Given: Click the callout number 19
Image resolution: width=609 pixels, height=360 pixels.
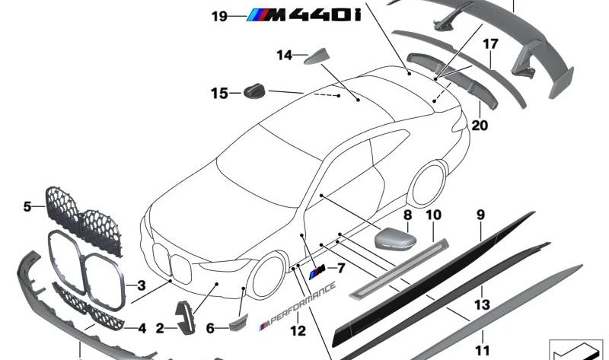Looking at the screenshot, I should tap(219, 15).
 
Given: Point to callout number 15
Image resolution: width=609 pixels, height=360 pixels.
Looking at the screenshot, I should tap(219, 94).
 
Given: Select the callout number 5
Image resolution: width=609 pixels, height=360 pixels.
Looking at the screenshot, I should tap(27, 205).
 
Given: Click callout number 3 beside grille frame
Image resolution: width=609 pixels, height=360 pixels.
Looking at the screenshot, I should tap(141, 286).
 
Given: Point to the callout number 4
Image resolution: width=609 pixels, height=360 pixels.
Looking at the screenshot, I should tap(141, 329).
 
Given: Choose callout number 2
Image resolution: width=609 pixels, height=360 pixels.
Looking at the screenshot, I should tap(160, 329).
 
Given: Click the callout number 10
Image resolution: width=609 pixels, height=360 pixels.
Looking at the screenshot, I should tap(433, 215).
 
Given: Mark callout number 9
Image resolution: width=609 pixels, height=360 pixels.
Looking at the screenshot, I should tap(480, 215).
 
